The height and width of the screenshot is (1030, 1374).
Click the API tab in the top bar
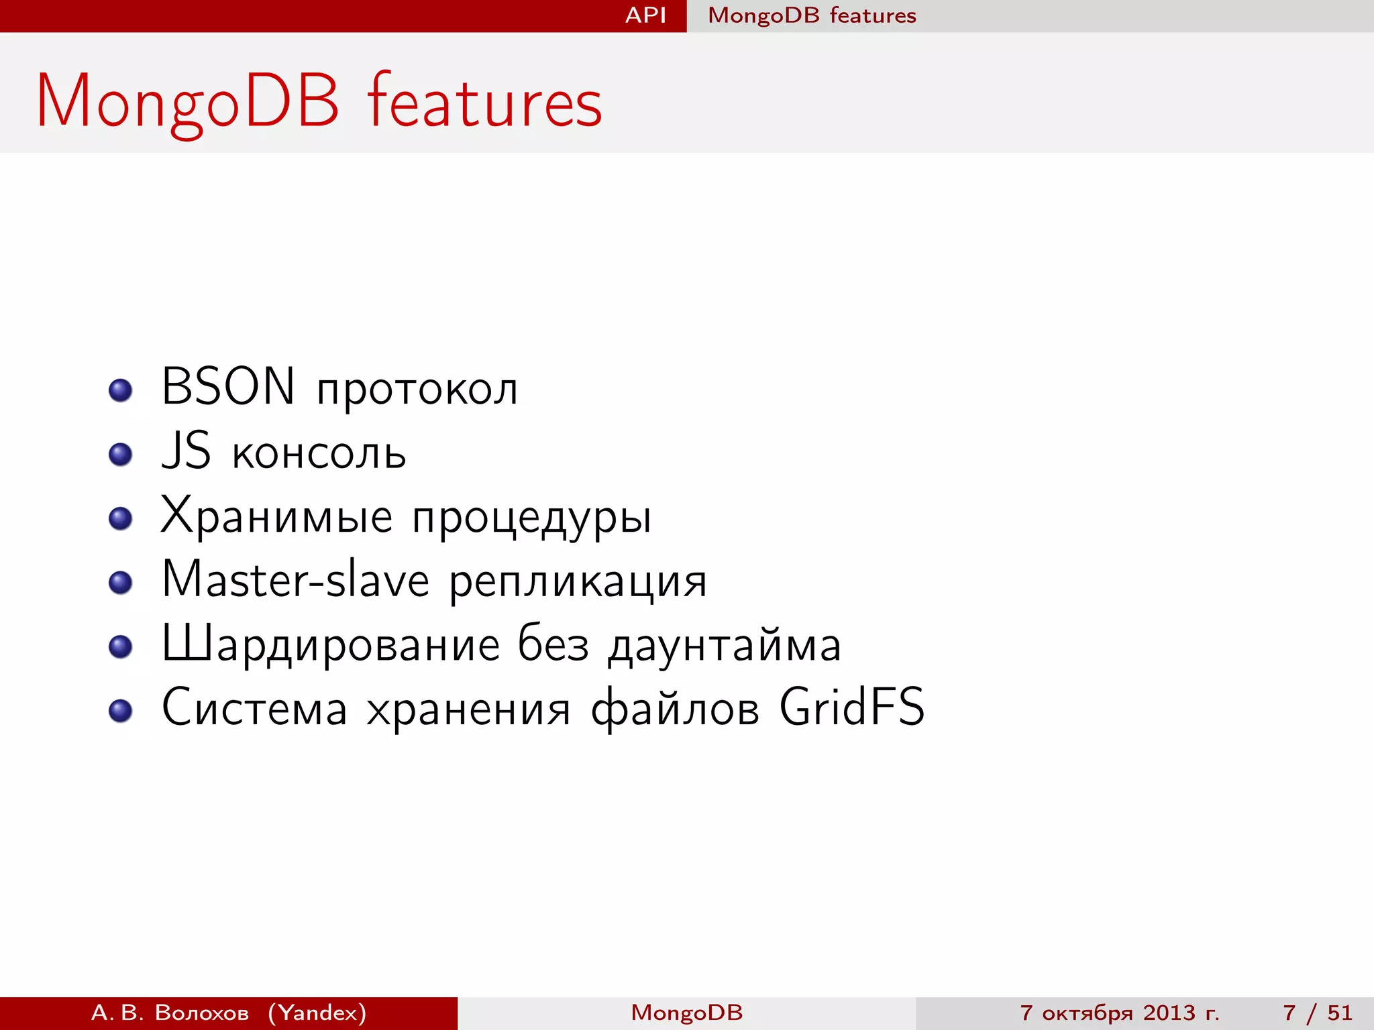[x=645, y=15]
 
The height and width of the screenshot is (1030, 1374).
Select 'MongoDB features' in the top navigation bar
[x=812, y=15]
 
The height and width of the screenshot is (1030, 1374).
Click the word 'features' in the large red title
[x=484, y=102]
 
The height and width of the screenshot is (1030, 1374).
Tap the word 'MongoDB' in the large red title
[x=188, y=102]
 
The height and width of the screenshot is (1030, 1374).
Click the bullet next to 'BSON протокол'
[x=121, y=390]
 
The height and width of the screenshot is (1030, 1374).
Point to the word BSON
[x=228, y=387]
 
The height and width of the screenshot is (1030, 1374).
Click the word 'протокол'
[x=417, y=390]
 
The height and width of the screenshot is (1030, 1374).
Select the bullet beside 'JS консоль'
[x=121, y=454]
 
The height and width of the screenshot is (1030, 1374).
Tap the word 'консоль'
[x=319, y=453]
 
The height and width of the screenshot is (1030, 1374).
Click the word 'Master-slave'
[x=295, y=579]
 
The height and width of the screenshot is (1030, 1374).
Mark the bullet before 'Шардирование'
[x=121, y=646]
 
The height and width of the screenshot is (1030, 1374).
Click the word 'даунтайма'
[x=725, y=645]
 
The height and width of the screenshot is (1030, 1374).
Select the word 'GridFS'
[x=852, y=707]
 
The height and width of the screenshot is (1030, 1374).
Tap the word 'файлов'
[x=675, y=709]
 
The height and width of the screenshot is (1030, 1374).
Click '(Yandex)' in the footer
[x=317, y=1013]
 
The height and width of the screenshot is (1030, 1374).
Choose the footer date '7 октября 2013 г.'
[x=1120, y=1013]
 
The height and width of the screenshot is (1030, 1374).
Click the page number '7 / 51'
[x=1318, y=1013]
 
